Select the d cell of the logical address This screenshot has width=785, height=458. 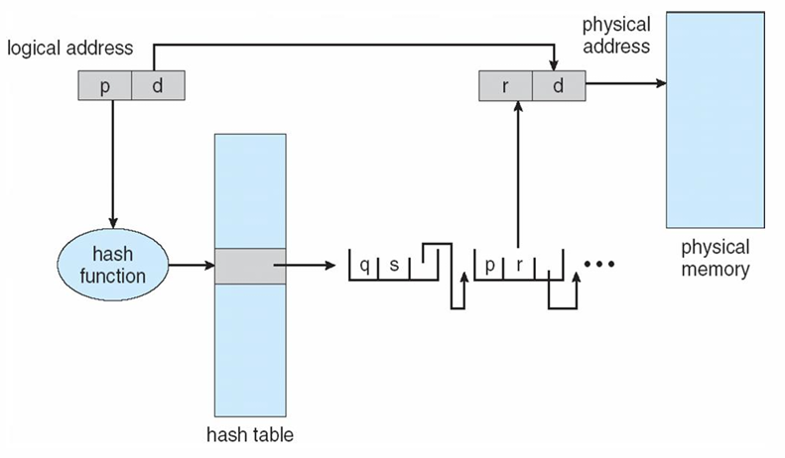(x=157, y=86)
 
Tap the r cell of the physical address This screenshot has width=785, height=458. (x=505, y=86)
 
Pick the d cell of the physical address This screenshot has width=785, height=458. (x=557, y=86)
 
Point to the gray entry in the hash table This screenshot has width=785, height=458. (x=249, y=265)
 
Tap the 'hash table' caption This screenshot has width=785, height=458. (x=249, y=434)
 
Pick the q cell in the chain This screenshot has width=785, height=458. (x=365, y=265)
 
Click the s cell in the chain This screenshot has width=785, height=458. (x=393, y=265)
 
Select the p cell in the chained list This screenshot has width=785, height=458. (x=490, y=265)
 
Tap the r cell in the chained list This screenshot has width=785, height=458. (x=518, y=265)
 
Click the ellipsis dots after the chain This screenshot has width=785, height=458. (x=601, y=265)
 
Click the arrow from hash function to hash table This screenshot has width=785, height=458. (x=193, y=265)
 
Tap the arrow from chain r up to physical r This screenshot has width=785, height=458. (x=518, y=178)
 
